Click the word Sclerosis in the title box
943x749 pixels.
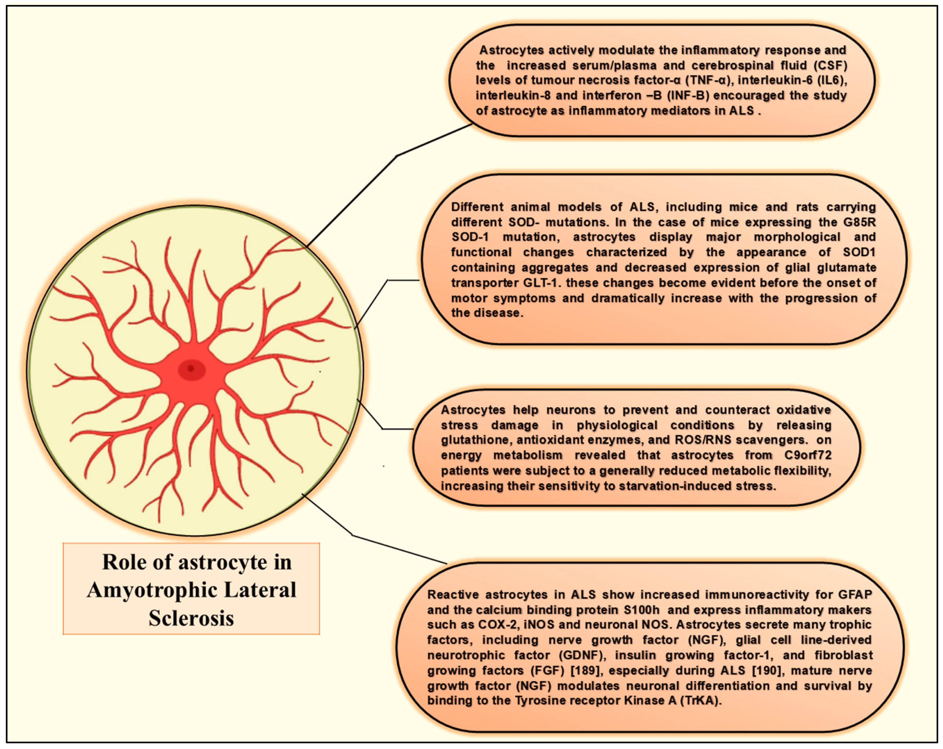click(191, 618)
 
